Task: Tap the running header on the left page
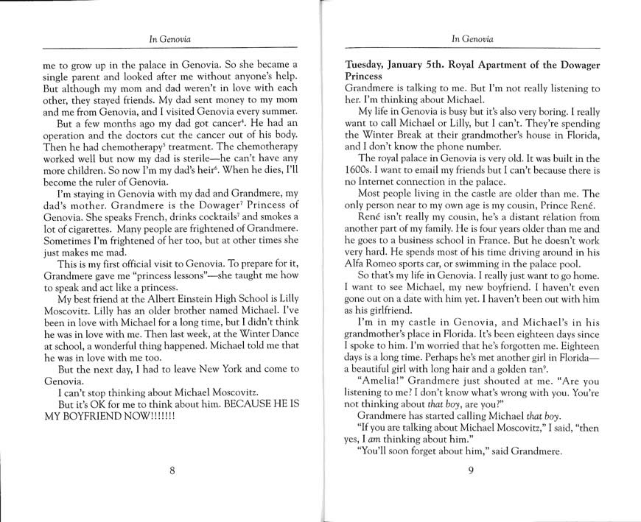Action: tap(171, 38)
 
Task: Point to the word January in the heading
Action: tap(422, 64)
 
